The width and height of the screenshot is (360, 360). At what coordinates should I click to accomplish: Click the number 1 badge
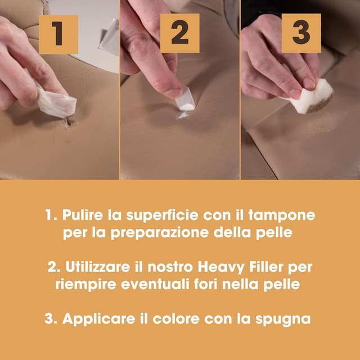tap(58, 34)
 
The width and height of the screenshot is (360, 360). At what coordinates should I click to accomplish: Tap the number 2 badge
tap(180, 33)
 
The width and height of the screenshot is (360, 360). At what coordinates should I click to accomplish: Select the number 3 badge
tap(301, 33)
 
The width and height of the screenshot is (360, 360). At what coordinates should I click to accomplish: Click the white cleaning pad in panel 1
tap(56, 103)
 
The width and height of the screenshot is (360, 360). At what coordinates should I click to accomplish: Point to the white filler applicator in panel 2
tap(186, 102)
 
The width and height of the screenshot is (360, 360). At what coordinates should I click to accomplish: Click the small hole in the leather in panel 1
tap(67, 123)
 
